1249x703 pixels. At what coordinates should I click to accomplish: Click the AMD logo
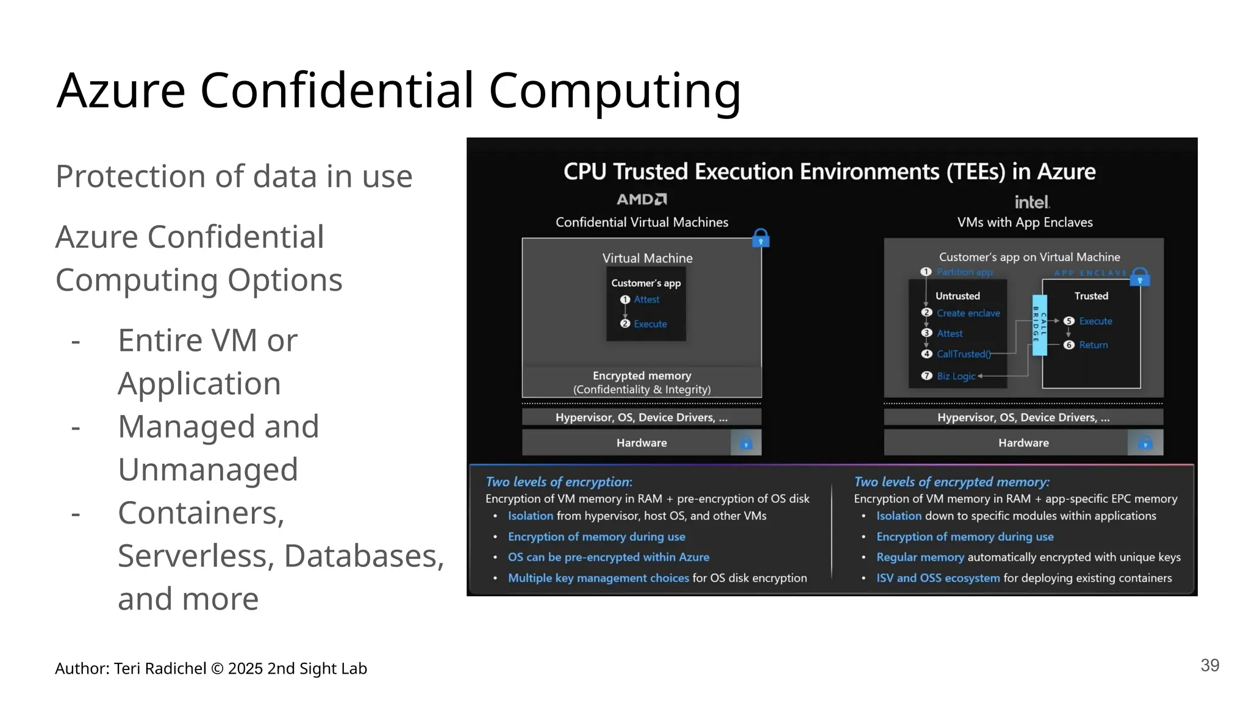642,200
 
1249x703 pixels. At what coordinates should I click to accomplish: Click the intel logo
1032,201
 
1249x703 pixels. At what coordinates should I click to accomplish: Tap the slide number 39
1209,665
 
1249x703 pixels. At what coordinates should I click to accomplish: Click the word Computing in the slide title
614,90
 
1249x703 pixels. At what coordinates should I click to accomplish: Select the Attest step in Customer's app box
646,300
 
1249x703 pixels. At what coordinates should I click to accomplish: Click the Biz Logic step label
956,376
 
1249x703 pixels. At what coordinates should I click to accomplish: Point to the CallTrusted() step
963,354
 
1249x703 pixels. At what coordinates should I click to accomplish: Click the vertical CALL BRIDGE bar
1039,325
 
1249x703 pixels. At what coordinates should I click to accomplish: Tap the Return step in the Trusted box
1093,345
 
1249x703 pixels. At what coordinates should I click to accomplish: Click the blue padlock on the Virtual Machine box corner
760,238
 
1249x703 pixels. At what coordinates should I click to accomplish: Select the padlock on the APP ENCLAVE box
1140,277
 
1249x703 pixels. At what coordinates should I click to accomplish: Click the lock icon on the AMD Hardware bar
746,443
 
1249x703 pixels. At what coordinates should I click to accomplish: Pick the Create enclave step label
968,313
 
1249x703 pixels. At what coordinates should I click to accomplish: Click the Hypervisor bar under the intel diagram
1023,417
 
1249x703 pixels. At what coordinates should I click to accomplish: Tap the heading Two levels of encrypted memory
951,482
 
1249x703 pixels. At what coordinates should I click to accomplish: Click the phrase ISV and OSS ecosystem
937,578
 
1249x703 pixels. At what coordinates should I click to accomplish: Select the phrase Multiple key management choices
598,578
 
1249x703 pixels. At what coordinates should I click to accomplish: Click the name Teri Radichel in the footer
160,669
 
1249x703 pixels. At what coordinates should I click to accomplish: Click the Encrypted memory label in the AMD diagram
642,376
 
